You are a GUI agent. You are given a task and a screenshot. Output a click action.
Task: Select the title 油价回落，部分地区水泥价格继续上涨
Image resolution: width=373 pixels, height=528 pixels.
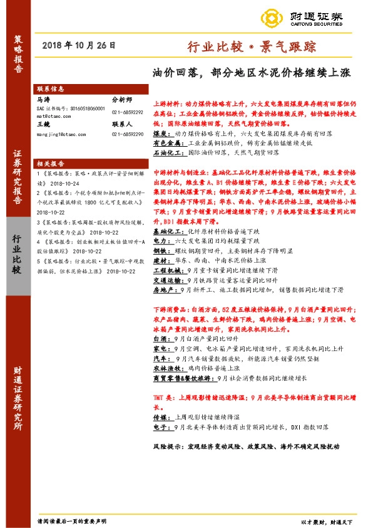252,73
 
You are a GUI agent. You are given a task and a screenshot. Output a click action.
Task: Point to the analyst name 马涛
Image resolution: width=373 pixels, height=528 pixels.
43,99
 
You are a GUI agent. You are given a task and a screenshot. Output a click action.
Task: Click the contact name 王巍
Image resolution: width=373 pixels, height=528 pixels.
43,125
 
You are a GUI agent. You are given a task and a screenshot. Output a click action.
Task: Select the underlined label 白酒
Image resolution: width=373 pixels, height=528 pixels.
161,337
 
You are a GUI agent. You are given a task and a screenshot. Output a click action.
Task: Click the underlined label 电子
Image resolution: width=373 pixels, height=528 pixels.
160,426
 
